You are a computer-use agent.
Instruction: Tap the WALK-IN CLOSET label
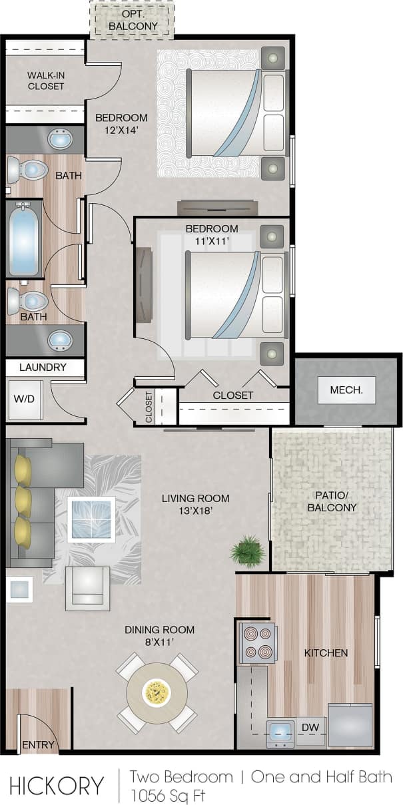pos(46,81)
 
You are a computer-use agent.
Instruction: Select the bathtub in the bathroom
pos(25,238)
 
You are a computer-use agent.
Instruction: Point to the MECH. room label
pos(346,390)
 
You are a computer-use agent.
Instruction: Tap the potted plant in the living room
pos(247,551)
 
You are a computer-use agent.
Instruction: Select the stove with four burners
pos(258,643)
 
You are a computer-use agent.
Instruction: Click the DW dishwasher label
pos(310,728)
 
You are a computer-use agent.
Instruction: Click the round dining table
pos(157,692)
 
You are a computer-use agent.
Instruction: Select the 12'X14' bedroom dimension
pos(121,131)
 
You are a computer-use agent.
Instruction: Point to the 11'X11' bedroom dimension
pos(212,242)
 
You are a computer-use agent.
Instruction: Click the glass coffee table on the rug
pos(93,519)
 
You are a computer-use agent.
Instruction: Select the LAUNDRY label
pos(43,367)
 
